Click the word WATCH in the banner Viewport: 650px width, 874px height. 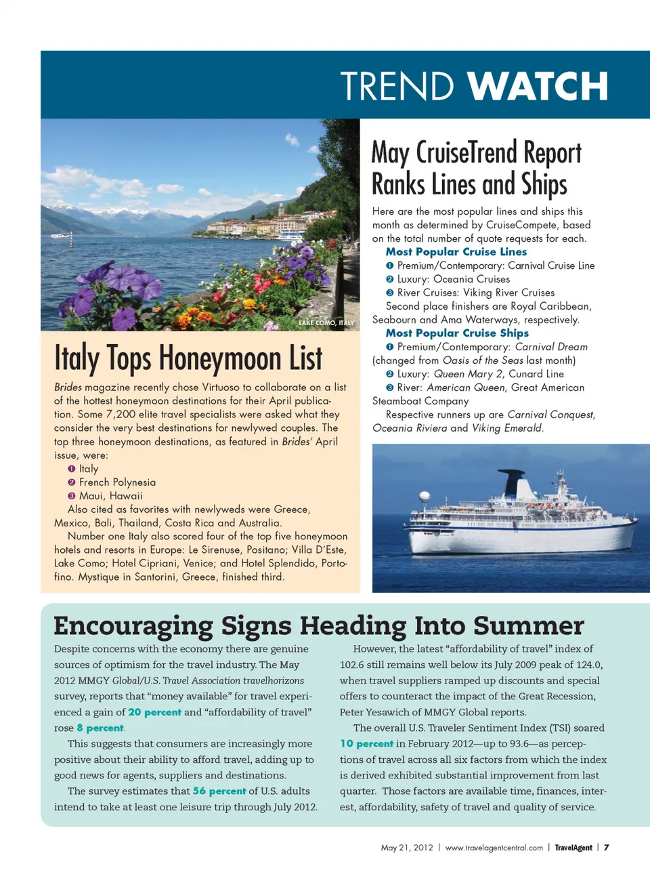538,87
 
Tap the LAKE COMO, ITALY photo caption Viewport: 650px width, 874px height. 326,323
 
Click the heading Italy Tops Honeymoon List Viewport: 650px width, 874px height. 188,358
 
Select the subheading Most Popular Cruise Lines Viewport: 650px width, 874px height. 456,251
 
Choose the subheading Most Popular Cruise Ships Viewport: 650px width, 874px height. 457,333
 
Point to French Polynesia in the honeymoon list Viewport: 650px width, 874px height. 117,482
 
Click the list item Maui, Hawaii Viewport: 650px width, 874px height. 111,495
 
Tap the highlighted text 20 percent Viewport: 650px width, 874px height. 154,712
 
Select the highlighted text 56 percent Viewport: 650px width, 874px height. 219,791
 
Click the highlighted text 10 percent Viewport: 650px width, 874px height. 366,743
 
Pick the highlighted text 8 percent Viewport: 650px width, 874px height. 100,728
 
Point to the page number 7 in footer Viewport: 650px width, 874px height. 607,848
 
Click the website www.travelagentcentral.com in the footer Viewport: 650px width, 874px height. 494,848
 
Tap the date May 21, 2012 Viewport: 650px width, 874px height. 406,848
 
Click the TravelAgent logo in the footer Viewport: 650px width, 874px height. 573,848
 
